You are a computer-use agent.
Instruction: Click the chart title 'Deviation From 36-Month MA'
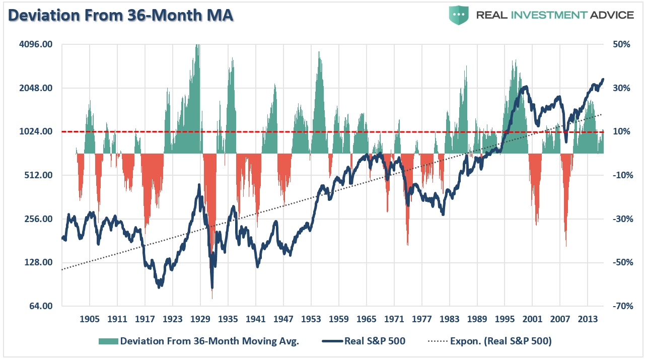pyautogui.click(x=121, y=15)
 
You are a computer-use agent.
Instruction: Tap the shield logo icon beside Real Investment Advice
pyautogui.click(x=459, y=15)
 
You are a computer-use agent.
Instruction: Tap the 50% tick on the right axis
pyautogui.click(x=621, y=45)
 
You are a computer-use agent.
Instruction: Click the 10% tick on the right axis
pyautogui.click(x=621, y=132)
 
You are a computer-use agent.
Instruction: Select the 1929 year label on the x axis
pyautogui.click(x=200, y=319)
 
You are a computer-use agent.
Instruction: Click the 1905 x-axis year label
pyautogui.click(x=90, y=319)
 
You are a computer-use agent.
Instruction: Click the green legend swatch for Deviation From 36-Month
pyautogui.click(x=108, y=341)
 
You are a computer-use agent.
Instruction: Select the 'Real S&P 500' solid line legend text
pyautogui.click(x=375, y=341)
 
